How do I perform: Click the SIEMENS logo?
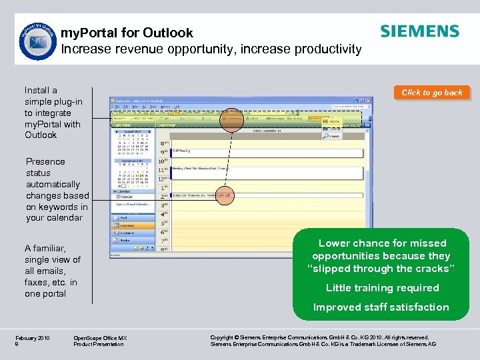point(419,31)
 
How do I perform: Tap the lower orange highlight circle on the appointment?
point(224,195)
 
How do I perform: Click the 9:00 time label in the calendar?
point(164,152)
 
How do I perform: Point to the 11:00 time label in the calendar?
point(164,170)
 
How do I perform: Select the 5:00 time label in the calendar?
point(164,223)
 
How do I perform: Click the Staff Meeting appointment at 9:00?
point(183,151)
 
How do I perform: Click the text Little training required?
point(382,288)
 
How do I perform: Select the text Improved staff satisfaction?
point(381,307)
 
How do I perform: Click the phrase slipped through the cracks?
point(381,269)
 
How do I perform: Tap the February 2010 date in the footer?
point(33,338)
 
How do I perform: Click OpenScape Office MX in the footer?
point(100,338)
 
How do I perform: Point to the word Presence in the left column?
point(45,161)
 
